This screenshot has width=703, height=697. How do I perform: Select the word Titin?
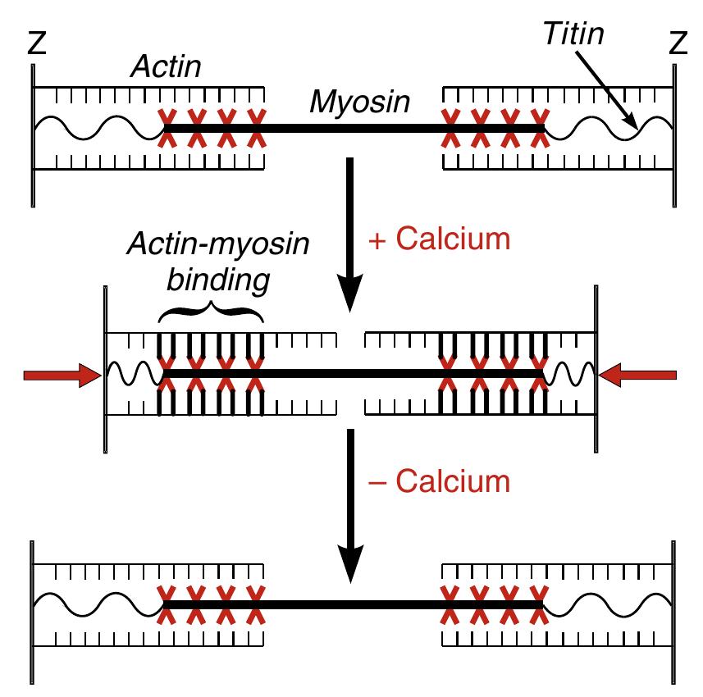click(x=572, y=34)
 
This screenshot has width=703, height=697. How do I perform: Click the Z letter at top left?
click(x=35, y=43)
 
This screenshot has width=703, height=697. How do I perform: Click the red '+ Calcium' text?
click(x=440, y=239)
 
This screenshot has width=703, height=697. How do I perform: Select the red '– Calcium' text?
click(x=440, y=481)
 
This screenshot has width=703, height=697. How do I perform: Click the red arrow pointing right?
click(x=62, y=375)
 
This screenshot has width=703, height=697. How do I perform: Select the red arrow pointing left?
click(x=638, y=375)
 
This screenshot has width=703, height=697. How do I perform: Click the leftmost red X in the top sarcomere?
click(x=167, y=129)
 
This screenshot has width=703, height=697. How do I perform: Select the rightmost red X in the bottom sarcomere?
click(x=538, y=605)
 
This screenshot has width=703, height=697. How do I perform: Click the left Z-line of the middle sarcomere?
click(x=105, y=369)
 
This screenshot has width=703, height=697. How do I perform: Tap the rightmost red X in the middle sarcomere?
click(x=538, y=374)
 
